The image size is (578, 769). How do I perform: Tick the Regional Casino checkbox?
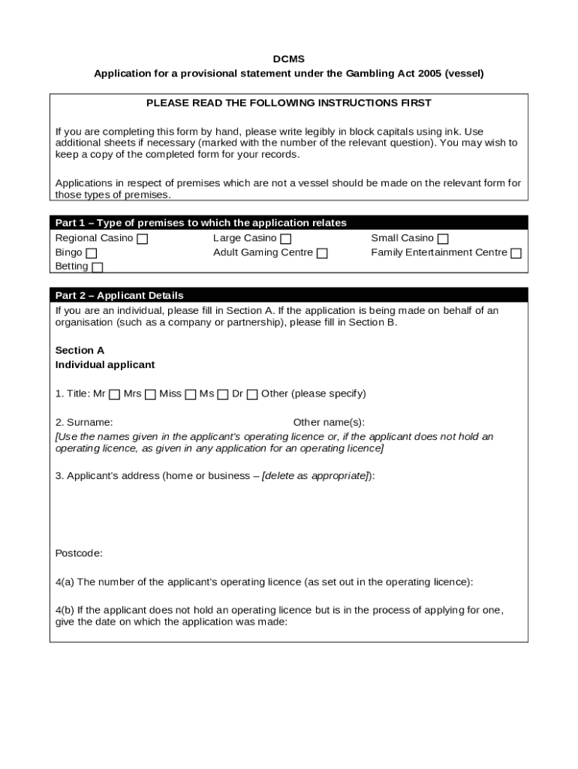click(x=143, y=240)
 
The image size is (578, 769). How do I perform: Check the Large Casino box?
click(x=286, y=240)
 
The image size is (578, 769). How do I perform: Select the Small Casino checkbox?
click(x=443, y=240)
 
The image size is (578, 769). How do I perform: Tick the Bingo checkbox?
click(x=92, y=254)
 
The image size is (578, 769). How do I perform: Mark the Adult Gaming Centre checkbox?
click(x=322, y=254)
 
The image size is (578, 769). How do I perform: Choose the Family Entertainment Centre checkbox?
click(x=516, y=254)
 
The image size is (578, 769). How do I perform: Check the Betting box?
click(x=98, y=267)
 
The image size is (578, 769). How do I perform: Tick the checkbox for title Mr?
click(x=114, y=395)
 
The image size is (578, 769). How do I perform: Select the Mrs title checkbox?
click(x=150, y=395)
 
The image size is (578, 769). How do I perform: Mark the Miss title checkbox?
click(x=191, y=395)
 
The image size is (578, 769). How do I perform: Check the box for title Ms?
click(x=223, y=395)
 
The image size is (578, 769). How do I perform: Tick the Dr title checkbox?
click(x=252, y=395)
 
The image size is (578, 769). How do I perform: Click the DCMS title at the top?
click(x=288, y=59)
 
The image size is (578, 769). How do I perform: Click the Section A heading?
click(x=80, y=351)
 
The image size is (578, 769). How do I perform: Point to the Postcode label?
click(x=79, y=553)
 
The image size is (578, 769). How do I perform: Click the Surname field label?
click(x=84, y=423)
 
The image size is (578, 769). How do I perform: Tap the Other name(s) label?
click(x=329, y=423)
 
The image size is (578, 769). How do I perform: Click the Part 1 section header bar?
click(x=289, y=223)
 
